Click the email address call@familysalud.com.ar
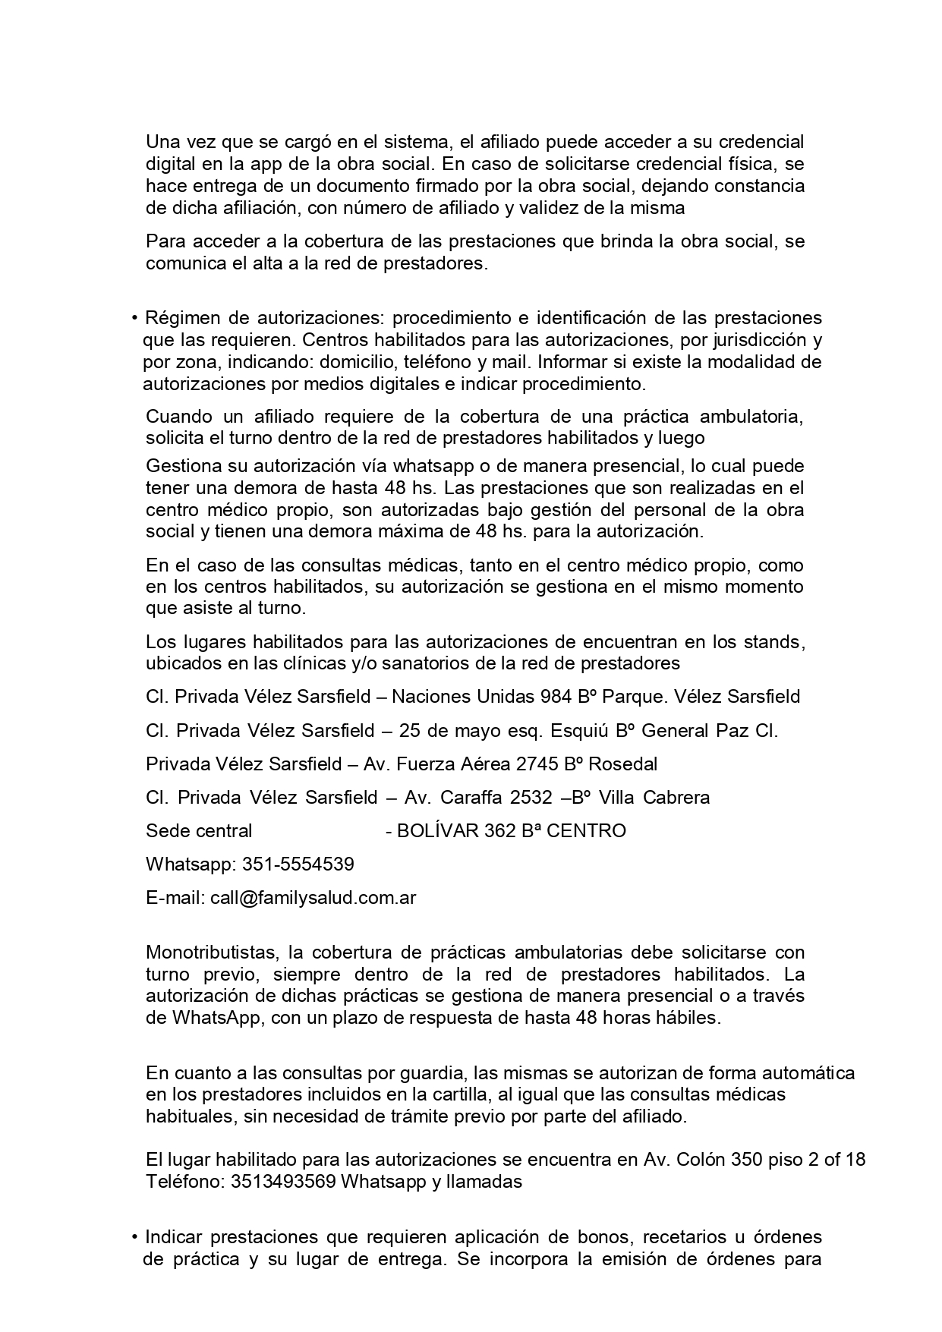(313, 898)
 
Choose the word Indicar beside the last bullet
(175, 1237)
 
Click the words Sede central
(199, 831)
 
